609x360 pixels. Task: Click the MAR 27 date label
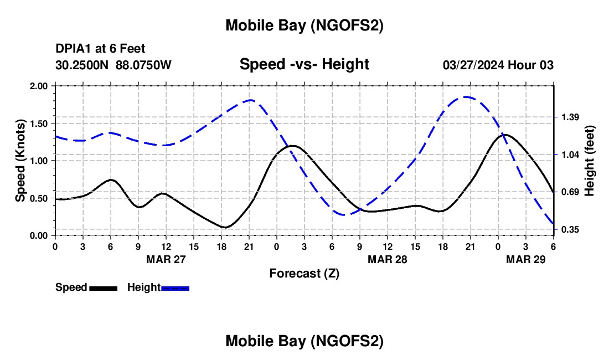[166, 259]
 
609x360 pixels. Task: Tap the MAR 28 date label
[388, 259]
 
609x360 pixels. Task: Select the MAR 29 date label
[526, 259]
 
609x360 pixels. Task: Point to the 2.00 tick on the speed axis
[39, 86]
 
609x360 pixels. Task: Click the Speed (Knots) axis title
[20, 161]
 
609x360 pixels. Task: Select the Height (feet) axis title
[590, 161]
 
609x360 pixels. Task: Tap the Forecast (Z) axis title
[304, 273]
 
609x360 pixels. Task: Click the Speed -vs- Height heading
[304, 64]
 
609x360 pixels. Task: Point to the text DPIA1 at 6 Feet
[100, 49]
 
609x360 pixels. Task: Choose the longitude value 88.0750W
[143, 65]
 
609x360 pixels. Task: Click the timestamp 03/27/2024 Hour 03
[498, 65]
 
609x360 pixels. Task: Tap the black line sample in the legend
[103, 288]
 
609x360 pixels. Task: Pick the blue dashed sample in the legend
[176, 288]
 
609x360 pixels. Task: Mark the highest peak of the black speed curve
[505, 135]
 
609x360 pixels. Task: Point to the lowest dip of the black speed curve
[224, 227]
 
